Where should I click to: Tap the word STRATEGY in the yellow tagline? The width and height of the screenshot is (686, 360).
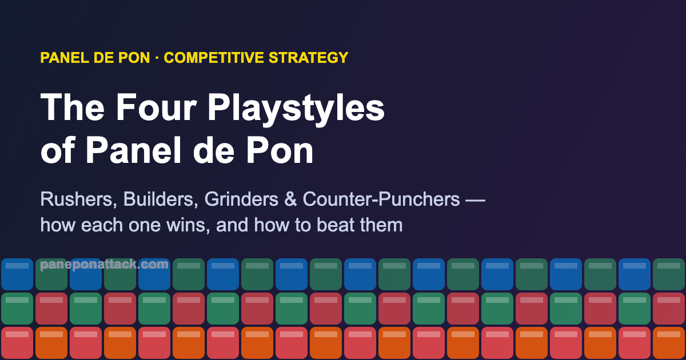pyautogui.click(x=308, y=58)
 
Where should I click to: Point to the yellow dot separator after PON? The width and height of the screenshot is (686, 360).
pyautogui.click(x=157, y=58)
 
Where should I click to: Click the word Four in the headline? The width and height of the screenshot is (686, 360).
pyautogui.click(x=156, y=107)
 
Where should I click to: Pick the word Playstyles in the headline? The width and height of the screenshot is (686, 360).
pyautogui.click(x=296, y=109)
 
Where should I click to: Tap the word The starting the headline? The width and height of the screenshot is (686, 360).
pyautogui.click(x=73, y=107)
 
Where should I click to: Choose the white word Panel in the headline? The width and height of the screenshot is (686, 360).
pyautogui.click(x=134, y=150)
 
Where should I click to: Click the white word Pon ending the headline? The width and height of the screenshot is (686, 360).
pyautogui.click(x=280, y=150)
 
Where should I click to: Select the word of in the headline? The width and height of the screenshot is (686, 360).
pyautogui.click(x=58, y=150)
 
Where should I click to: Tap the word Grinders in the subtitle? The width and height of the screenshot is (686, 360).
pyautogui.click(x=242, y=199)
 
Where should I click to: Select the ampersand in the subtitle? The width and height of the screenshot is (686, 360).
pyautogui.click(x=290, y=199)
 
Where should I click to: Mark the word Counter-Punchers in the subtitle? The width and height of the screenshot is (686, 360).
pyautogui.click(x=381, y=199)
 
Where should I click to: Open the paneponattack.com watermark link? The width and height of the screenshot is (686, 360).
pyautogui.click(x=104, y=264)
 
